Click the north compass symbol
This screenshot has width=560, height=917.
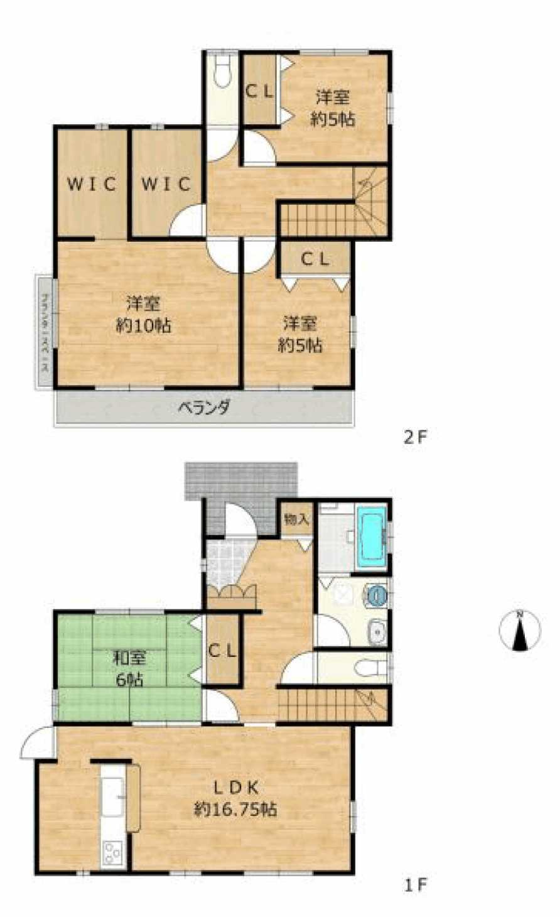coord(520,631)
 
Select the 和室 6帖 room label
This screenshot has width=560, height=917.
coord(129,668)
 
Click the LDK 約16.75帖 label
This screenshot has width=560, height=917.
coord(235,798)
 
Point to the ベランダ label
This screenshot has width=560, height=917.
coord(203,408)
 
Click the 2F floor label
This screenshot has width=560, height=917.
coord(415,437)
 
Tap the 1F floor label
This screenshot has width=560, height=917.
coord(415,885)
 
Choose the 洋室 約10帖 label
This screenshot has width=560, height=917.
coord(144,315)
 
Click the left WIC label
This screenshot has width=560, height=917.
coord(92,184)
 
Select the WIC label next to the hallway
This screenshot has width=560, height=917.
coord(166,184)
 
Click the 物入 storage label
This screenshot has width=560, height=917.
coord(296,519)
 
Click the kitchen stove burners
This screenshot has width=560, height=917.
coord(114,853)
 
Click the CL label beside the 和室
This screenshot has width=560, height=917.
coord(222,651)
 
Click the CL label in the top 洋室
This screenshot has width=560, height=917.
coord(259,90)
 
